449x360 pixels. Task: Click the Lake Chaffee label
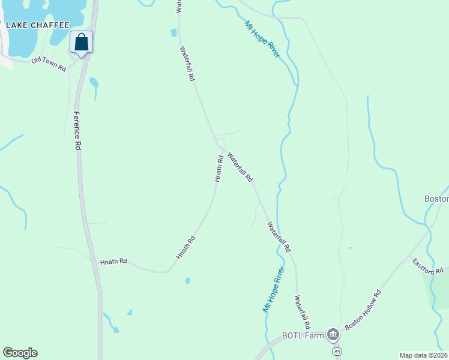click(37, 25)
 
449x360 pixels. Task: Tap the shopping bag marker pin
click(81, 43)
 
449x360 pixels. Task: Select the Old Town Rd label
click(49, 64)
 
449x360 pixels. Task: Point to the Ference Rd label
click(77, 130)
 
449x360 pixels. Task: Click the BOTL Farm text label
click(303, 335)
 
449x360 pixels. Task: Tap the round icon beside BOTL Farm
click(333, 335)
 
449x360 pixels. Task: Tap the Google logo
click(20, 353)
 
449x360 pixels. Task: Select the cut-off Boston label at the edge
click(436, 199)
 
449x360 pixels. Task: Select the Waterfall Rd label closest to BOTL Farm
click(302, 310)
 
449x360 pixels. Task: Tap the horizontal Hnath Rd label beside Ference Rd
click(114, 262)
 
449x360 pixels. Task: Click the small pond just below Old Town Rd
click(93, 80)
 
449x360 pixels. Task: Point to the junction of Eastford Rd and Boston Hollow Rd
click(430, 229)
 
